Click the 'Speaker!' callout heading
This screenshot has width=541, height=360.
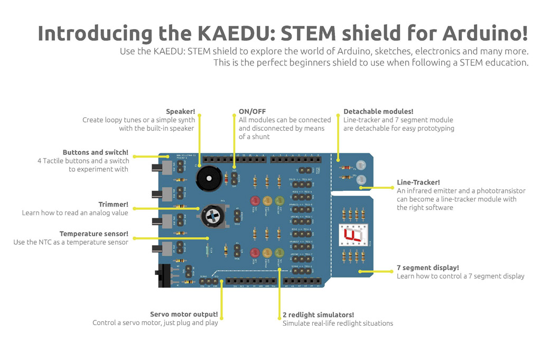pos(180,112)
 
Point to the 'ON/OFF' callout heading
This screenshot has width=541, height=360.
pos(252,112)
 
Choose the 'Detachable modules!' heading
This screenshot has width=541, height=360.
pos(378,112)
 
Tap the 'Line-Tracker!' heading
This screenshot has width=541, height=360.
pos(418,183)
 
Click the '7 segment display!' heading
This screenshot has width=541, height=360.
pos(427,267)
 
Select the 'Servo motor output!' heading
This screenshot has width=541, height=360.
pos(184,313)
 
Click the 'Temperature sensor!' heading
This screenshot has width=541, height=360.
pos(94,234)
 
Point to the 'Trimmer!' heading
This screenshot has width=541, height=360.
pos(113,205)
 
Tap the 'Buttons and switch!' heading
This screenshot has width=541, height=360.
pos(95,152)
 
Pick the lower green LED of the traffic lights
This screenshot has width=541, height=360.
pos(279,253)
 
